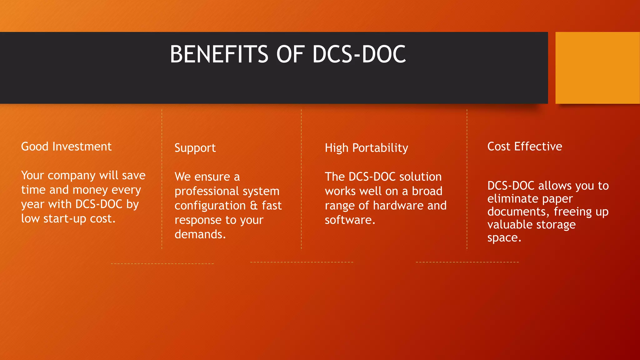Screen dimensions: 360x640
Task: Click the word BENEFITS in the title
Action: (219, 54)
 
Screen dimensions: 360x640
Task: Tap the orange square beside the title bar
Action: (597, 67)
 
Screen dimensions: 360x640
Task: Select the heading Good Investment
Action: (66, 147)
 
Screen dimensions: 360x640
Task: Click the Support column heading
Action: (195, 148)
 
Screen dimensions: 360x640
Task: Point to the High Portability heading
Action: (366, 148)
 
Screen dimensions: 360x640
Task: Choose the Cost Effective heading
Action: (525, 147)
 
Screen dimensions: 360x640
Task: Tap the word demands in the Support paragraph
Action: (200, 234)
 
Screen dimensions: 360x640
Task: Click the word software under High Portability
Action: (350, 220)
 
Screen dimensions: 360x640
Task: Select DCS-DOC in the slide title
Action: (359, 54)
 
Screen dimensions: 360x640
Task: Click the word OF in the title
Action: (290, 54)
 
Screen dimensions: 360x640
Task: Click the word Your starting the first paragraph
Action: (32, 176)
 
